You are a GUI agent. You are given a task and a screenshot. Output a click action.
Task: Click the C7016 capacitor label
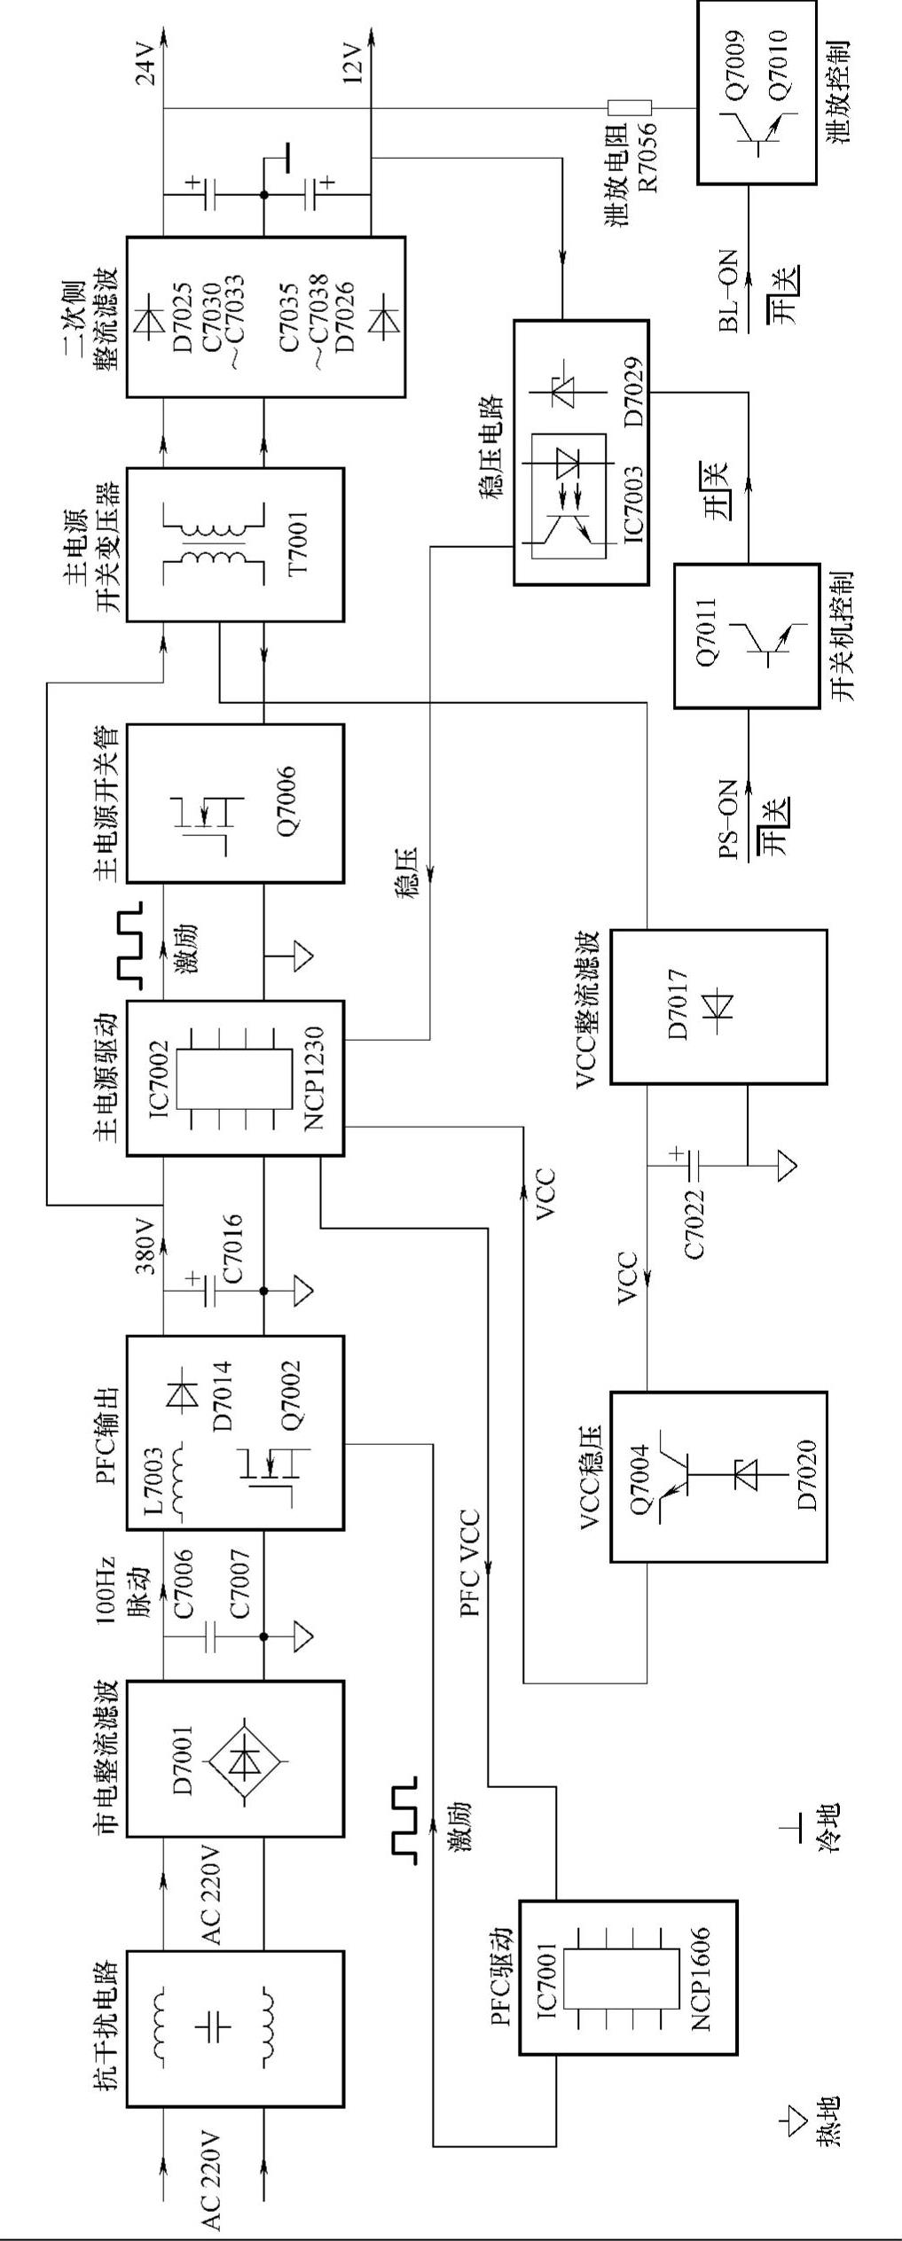(x=233, y=1249)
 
